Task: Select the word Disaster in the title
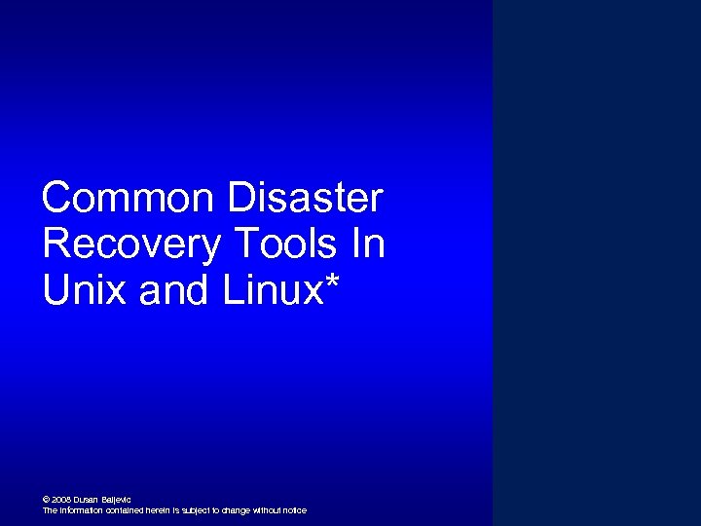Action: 305,199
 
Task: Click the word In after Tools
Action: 368,244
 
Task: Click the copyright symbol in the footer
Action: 46,500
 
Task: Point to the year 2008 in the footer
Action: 59,500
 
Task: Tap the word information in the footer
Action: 81,510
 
